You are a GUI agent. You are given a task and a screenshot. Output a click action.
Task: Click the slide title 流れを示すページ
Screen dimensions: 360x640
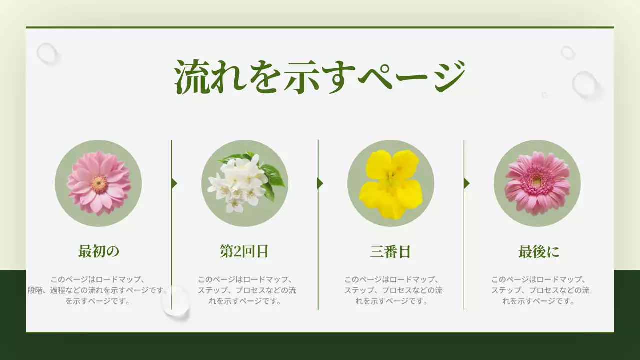click(x=320, y=77)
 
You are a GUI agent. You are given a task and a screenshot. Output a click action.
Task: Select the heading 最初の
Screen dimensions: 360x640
click(x=99, y=251)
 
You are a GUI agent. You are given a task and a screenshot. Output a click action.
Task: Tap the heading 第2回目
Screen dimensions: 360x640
click(x=244, y=251)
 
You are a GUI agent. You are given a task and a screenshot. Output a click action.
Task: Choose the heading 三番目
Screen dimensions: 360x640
click(x=390, y=251)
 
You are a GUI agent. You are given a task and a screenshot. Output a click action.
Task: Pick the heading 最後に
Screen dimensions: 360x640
click(x=539, y=251)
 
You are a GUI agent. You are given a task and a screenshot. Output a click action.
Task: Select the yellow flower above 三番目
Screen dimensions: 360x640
click(x=390, y=184)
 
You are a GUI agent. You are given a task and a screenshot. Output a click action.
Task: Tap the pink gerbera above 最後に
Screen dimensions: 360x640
click(x=537, y=183)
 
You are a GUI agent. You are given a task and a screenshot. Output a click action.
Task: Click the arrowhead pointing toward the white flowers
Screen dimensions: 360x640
click(x=174, y=183)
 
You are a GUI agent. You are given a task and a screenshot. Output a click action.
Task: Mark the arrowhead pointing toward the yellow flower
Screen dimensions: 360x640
click(x=320, y=183)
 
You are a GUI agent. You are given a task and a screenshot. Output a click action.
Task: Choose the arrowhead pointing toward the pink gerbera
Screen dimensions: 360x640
click(x=466, y=183)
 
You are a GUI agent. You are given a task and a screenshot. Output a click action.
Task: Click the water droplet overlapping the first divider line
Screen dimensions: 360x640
click(x=176, y=301)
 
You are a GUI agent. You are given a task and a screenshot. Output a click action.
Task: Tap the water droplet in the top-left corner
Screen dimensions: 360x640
click(x=47, y=53)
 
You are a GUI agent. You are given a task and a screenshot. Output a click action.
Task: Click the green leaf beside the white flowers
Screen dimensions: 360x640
click(x=273, y=175)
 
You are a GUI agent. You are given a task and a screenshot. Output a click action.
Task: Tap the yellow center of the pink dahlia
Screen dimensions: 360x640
click(x=99, y=184)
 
